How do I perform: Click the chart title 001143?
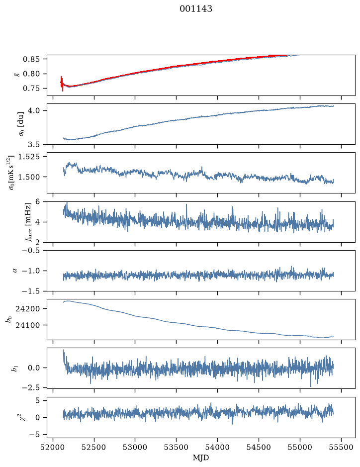(x=195, y=9)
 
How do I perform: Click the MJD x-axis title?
(x=201, y=458)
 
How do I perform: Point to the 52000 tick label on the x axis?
(x=53, y=447)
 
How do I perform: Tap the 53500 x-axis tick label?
(x=177, y=447)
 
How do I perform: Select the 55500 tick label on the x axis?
(x=341, y=447)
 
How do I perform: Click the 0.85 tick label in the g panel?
(x=31, y=59)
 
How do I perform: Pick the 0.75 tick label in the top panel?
(x=31, y=89)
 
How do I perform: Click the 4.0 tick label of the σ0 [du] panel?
(x=34, y=111)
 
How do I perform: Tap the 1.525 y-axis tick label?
(x=28, y=157)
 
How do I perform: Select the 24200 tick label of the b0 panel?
(x=27, y=309)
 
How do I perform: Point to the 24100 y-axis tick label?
(x=27, y=325)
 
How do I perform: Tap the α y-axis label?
(x=15, y=271)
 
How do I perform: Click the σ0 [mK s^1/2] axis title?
(x=12, y=173)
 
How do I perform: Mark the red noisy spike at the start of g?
(x=62, y=84)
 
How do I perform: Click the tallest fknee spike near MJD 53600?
(x=186, y=204)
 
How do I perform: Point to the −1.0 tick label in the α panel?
(x=31, y=271)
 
